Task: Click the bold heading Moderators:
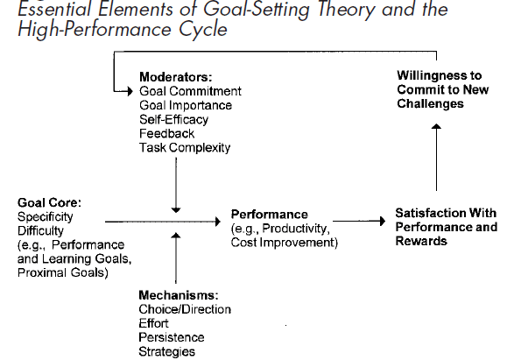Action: [x=176, y=77]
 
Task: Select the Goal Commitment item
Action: [x=190, y=91]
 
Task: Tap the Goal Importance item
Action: [x=186, y=105]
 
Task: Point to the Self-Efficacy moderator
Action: [x=173, y=120]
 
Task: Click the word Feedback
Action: [x=167, y=134]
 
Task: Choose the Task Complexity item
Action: [x=185, y=148]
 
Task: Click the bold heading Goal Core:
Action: [x=49, y=203]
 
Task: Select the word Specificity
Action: [x=46, y=217]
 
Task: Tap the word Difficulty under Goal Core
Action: [x=40, y=231]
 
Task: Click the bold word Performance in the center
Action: [x=270, y=215]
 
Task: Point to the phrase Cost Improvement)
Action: [x=285, y=243]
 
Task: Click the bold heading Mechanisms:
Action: [x=179, y=295]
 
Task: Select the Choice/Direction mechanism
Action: [x=185, y=309]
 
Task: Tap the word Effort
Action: [x=153, y=323]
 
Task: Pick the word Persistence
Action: [x=172, y=338]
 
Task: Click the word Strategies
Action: [x=167, y=351]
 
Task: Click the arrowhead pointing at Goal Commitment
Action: [x=130, y=92]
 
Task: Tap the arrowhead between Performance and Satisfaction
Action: [x=383, y=222]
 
